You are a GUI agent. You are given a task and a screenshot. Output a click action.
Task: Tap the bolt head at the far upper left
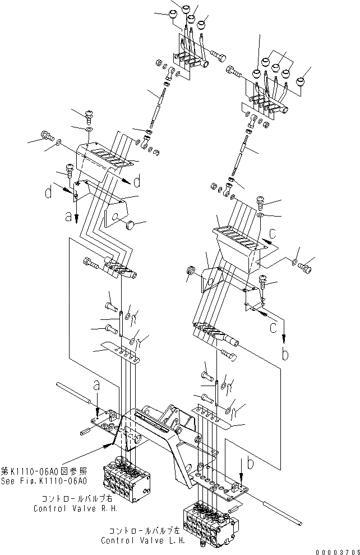(46, 135)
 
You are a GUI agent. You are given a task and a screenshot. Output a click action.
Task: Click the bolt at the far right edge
(306, 269)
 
